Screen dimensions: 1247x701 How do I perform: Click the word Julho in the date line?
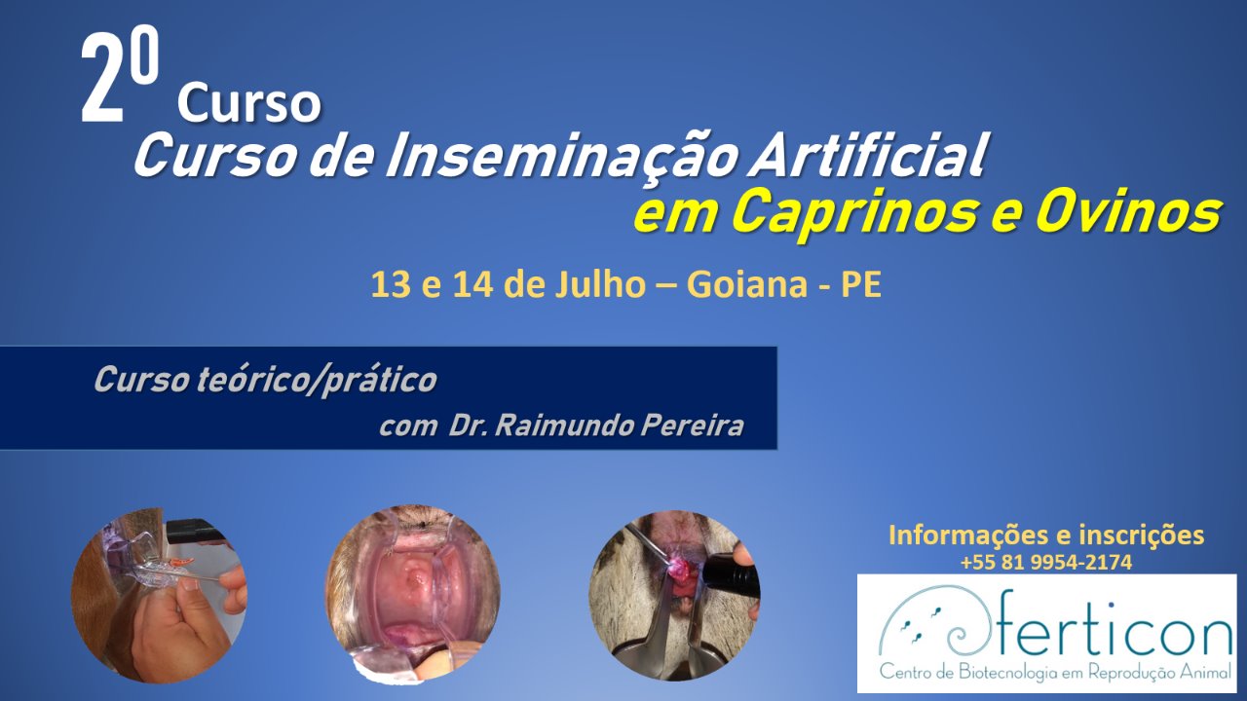pyautogui.click(x=600, y=285)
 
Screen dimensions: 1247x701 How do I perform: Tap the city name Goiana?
pyautogui.click(x=746, y=285)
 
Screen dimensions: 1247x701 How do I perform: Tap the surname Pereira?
pyautogui.click(x=692, y=426)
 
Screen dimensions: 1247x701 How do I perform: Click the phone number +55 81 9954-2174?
pyautogui.click(x=1046, y=563)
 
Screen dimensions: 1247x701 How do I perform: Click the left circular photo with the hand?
pyautogui.click(x=159, y=594)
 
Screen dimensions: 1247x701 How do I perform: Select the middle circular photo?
pyautogui.click(x=412, y=593)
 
